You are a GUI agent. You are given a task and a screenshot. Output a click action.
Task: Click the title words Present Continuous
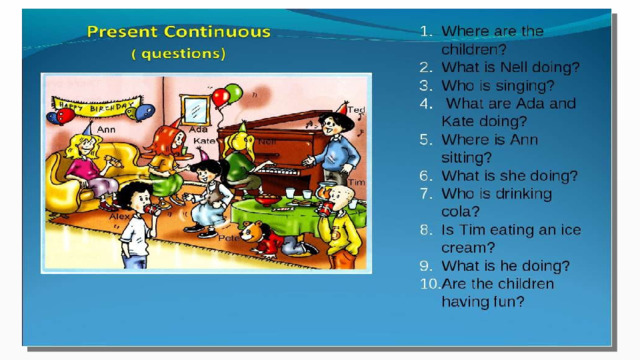pos(179,32)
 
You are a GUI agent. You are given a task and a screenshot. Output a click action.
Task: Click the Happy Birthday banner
pos(97,107)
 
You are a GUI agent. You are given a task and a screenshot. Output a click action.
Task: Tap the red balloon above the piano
pos(220,98)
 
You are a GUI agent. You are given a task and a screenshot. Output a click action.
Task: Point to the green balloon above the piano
pos(234,93)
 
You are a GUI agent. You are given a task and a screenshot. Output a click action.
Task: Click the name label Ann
pos(106,130)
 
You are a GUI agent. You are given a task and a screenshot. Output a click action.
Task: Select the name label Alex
pos(119,216)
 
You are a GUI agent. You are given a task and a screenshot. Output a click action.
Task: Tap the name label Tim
pos(356,182)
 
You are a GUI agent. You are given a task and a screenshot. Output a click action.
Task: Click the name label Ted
pos(356,110)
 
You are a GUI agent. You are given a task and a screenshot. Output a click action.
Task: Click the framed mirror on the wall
pos(195,110)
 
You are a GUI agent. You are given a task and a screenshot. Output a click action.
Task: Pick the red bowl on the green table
pos(268,200)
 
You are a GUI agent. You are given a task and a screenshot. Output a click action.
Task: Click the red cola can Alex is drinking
pos(151,209)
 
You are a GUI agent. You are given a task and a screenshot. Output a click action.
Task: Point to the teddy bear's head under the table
pos(249,231)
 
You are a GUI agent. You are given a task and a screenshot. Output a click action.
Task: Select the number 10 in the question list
pos(429,284)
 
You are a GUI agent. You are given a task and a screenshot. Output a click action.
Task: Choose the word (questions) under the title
pos(178,54)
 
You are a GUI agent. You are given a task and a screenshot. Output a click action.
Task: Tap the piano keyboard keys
pos(278,171)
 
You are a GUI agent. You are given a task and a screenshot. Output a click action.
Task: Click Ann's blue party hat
pos(88,128)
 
